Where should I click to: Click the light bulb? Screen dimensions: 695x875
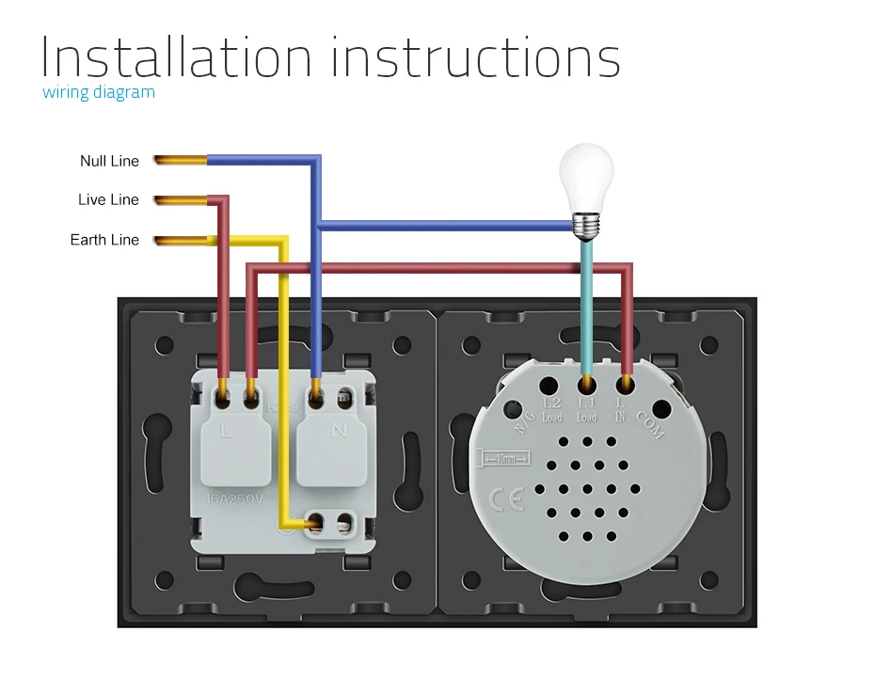(586, 179)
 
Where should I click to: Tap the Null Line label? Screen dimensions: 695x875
(109, 161)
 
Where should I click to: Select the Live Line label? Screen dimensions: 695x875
(108, 199)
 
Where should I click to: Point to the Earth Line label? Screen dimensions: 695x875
(104, 240)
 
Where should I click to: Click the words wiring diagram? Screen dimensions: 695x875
(99, 92)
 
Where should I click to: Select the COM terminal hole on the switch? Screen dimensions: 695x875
(662, 409)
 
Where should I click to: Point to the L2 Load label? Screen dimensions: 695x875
(552, 410)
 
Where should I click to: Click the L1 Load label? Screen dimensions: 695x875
(587, 410)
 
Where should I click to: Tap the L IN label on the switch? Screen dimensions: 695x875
(620, 410)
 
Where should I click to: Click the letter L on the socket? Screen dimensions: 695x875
(226, 431)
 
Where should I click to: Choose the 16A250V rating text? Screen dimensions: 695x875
(235, 498)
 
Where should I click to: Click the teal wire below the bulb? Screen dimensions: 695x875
(586, 301)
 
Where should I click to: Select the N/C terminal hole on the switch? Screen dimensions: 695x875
(514, 410)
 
